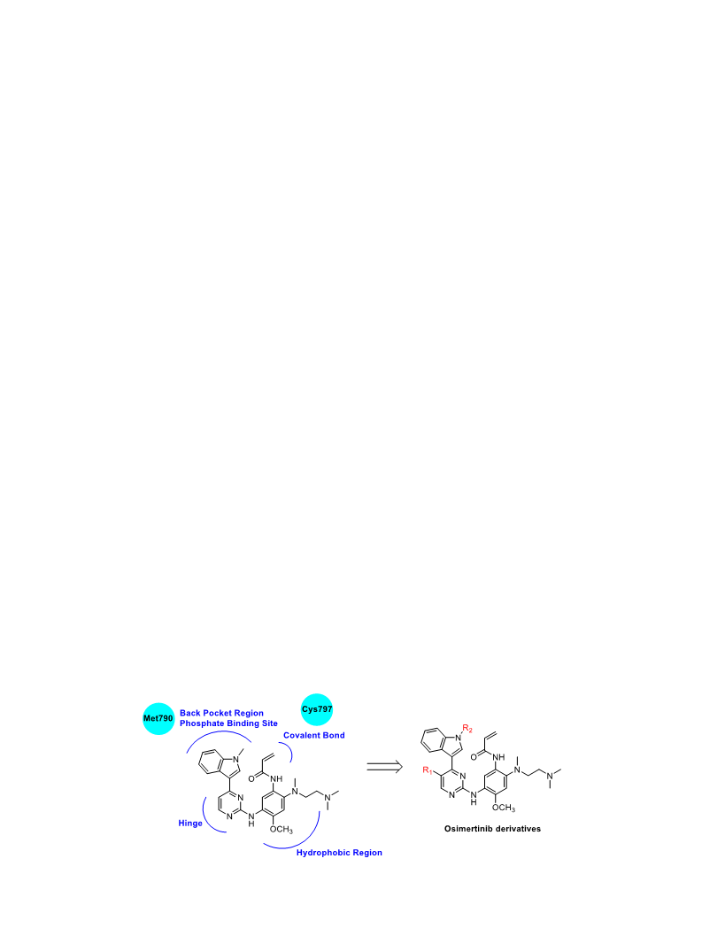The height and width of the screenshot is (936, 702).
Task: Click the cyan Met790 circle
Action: [158, 718]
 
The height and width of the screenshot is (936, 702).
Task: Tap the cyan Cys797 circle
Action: [316, 709]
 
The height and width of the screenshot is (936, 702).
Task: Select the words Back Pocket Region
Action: [221, 713]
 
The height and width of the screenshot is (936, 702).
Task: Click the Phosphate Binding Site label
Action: [228, 723]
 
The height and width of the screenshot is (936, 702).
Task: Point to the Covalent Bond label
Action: [314, 735]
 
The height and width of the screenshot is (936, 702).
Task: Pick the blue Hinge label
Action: [190, 824]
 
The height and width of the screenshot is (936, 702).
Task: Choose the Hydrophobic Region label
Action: [339, 853]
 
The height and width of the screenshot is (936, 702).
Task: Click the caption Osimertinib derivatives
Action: [492, 829]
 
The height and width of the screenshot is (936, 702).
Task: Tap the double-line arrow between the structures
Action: [384, 767]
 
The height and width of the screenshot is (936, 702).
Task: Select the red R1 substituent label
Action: [428, 770]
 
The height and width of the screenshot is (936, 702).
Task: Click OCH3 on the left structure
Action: [282, 830]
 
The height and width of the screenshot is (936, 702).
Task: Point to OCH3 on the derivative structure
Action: [504, 808]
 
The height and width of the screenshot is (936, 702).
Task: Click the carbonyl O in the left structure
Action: [251, 778]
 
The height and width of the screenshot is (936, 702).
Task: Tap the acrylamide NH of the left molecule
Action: [276, 779]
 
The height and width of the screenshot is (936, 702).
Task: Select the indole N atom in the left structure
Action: [236, 759]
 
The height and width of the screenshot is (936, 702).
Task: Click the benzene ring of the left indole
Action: [210, 762]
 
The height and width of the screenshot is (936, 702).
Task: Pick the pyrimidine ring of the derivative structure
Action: [451, 783]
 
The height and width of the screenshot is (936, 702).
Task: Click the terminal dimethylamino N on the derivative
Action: [550, 776]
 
